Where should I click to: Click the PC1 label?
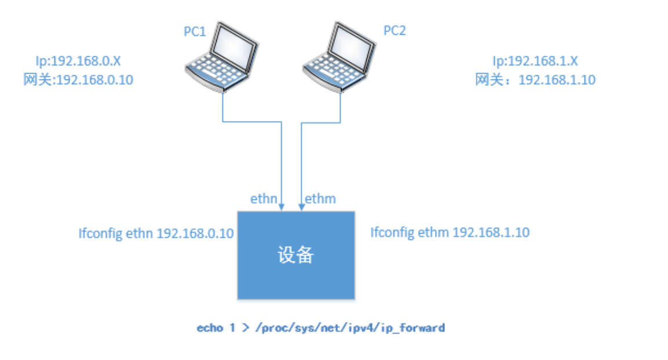[195, 31]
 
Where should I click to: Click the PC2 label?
[395, 30]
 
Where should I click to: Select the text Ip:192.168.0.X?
[78, 61]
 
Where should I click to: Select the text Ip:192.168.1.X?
[535, 61]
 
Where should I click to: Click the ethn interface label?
[264, 199]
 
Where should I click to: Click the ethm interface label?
[320, 199]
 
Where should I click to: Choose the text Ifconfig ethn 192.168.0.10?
[156, 233]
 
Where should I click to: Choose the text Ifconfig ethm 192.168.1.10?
[450, 233]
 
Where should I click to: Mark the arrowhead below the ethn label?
[282, 206]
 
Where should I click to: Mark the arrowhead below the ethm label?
[301, 206]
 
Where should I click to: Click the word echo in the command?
[209, 328]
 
